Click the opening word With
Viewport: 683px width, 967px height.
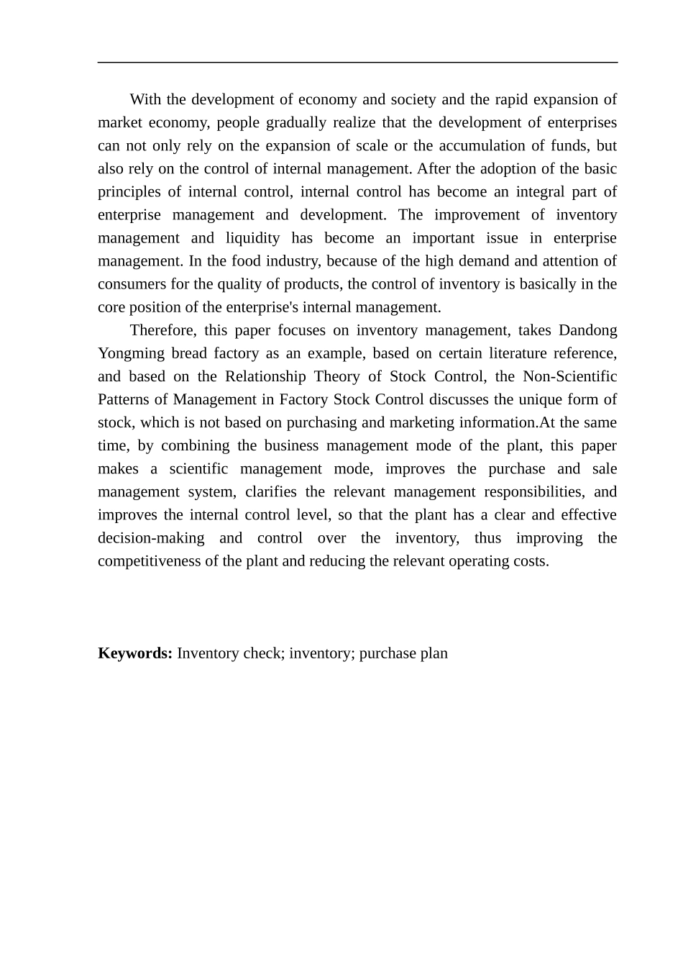coord(146,99)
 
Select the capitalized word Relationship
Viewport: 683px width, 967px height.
coord(265,376)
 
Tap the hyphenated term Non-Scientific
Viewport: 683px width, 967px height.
coord(569,376)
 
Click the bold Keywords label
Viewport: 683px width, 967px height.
coord(134,653)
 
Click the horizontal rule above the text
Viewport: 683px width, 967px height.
coord(357,63)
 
